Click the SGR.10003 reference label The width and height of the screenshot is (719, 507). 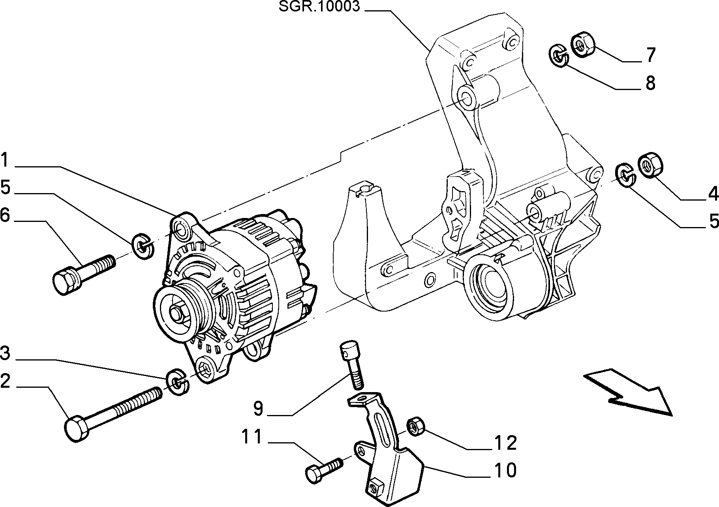[319, 7]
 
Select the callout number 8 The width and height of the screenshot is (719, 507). [650, 83]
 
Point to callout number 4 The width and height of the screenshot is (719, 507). [713, 193]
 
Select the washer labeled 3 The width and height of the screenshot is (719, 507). [177, 382]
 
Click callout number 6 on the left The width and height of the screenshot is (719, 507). [5, 215]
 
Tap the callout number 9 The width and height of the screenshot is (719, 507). [258, 409]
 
